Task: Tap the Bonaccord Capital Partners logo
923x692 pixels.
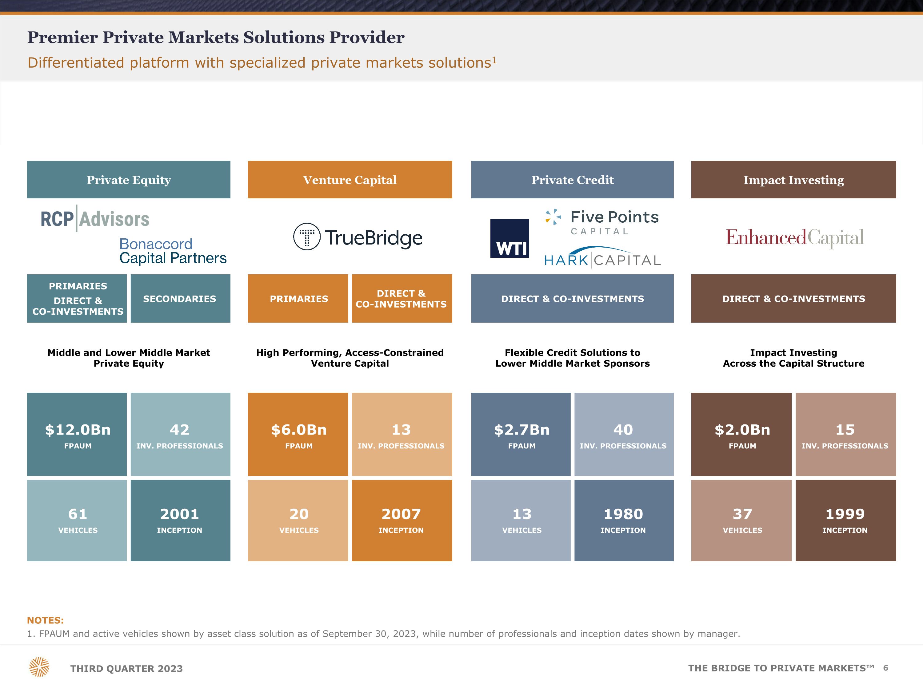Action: (173, 251)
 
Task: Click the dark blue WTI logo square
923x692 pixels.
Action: (509, 238)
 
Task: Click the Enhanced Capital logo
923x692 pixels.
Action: (794, 238)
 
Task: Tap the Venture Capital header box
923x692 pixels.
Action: (350, 180)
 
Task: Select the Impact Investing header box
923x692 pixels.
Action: (793, 180)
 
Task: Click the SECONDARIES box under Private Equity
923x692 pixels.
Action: (180, 298)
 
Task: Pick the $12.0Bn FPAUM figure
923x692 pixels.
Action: (78, 430)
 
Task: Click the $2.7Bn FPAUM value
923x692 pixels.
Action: (521, 430)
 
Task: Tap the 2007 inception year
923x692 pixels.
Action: (401, 514)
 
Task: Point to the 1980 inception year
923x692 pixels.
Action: (623, 514)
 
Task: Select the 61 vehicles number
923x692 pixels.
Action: (78, 514)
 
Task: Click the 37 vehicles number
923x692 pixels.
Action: (742, 514)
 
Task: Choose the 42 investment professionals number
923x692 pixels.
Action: (179, 430)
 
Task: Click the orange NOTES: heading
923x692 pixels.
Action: (45, 620)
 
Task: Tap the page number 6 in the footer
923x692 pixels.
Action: (885, 668)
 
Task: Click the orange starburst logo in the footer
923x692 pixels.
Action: (39, 667)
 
